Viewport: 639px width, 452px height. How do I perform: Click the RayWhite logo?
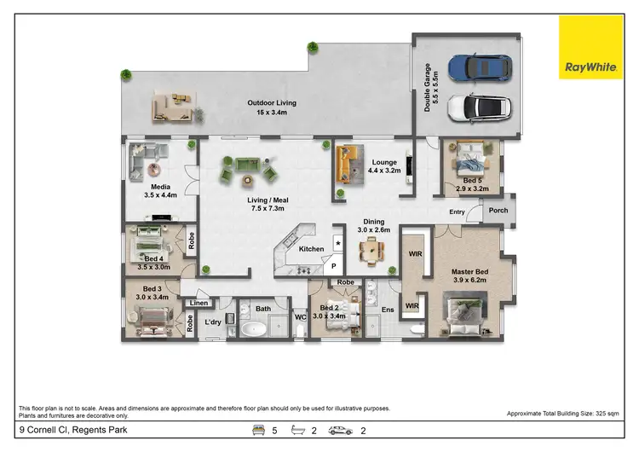coord(590,47)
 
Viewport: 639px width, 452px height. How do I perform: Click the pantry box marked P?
coord(335,265)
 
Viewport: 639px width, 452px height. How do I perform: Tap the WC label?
coord(300,318)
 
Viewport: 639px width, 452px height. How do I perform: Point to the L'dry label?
coord(214,321)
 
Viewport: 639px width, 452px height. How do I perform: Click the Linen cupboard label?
coord(199,303)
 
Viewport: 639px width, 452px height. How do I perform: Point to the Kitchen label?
coord(311,249)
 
